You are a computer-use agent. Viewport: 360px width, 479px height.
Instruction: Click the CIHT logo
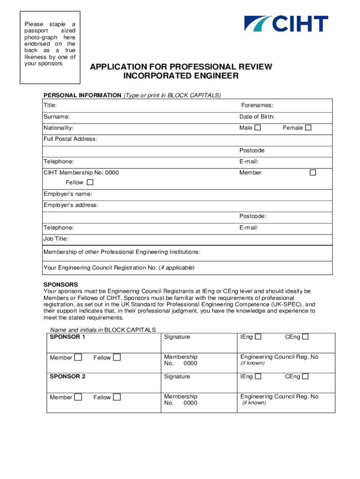286,24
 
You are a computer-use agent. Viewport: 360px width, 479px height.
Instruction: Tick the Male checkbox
258,128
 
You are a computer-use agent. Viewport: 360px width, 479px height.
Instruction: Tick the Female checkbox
308,128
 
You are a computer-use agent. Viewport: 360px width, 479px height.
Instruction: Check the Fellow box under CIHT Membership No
90,182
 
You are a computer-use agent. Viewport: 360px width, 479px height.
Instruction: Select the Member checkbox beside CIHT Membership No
313,173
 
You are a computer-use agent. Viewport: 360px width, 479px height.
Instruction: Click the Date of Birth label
257,116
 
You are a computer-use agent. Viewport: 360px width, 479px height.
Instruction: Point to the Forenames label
257,105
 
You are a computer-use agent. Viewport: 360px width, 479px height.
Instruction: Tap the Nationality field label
58,128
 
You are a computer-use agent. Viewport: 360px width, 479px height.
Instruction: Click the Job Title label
56,239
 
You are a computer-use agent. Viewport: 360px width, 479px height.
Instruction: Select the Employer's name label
68,194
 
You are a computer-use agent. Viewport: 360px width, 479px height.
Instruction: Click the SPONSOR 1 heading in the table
68,337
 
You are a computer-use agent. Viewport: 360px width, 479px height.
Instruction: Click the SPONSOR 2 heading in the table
68,376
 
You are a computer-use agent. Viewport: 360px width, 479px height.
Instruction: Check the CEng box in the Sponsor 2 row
305,377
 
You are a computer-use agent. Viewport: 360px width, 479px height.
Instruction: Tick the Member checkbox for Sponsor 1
79,358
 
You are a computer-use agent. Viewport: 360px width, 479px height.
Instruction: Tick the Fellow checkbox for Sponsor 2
117,397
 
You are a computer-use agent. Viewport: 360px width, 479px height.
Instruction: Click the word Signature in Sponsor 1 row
177,337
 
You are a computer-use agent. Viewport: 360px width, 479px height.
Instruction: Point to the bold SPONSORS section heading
61,284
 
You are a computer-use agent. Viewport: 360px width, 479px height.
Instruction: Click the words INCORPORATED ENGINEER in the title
180,76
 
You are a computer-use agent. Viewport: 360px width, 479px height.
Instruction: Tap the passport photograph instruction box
50,47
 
